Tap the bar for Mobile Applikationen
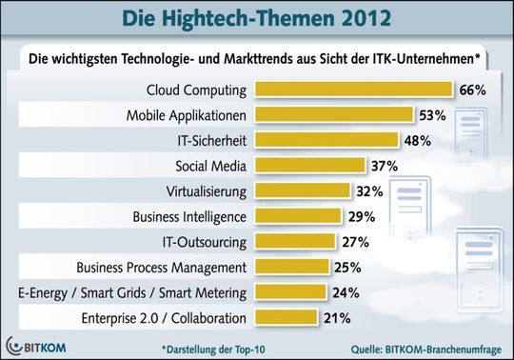pyautogui.click(x=335, y=115)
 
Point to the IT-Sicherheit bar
pyautogui.click(x=327, y=140)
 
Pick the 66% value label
pyautogui.click(x=473, y=90)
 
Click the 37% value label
pyautogui.click(x=385, y=166)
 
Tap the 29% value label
pyautogui.click(x=359, y=215)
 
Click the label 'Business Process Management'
pyautogui.click(x=175, y=266)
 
